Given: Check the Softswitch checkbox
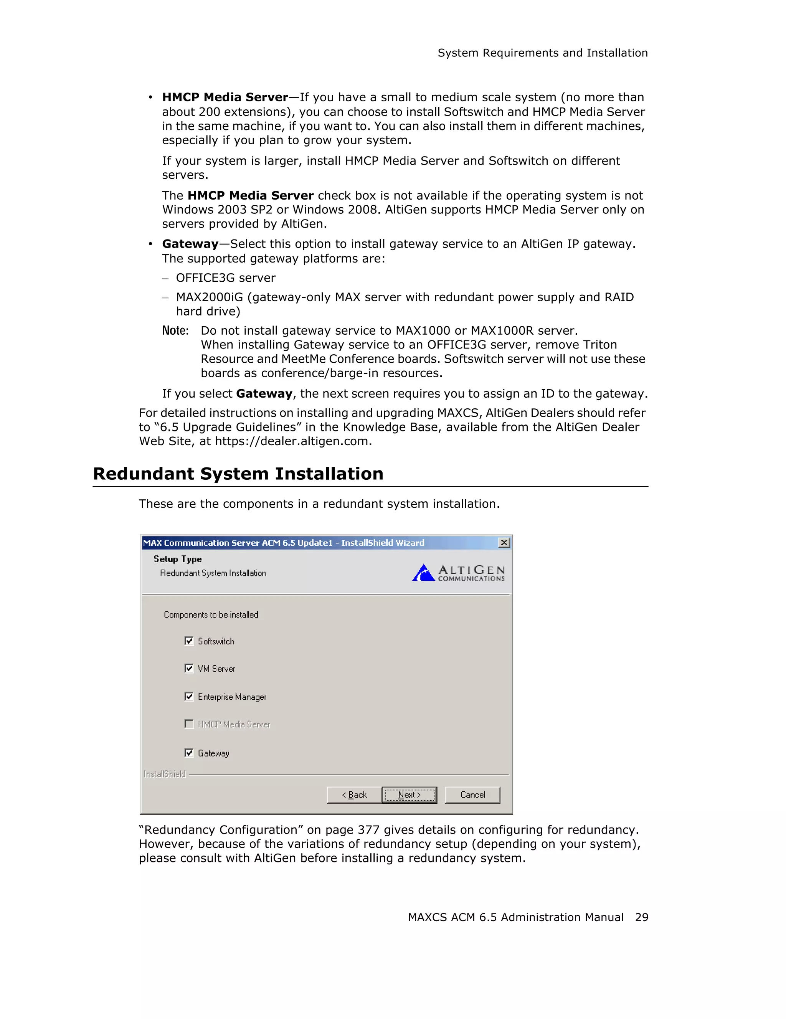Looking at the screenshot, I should click(x=189, y=641).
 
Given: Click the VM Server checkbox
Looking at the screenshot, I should click(x=189, y=668).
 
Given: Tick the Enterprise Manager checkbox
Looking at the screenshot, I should click(x=189, y=697).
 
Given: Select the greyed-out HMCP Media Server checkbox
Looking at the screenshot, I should click(x=189, y=724).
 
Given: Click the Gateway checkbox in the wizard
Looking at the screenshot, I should click(x=189, y=753).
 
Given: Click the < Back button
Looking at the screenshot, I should click(x=354, y=794).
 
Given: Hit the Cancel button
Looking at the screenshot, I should click(x=472, y=794).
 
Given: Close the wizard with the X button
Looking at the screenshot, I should click(x=504, y=543).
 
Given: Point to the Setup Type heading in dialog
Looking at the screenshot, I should click(x=178, y=559).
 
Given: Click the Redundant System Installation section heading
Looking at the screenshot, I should click(x=238, y=474).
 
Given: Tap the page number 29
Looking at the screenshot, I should click(x=641, y=917).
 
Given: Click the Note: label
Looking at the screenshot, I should click(x=175, y=331).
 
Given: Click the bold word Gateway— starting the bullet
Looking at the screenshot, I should click(x=191, y=244).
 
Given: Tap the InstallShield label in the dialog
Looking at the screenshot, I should click(x=165, y=774).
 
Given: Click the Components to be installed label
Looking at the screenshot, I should click(x=211, y=614).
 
